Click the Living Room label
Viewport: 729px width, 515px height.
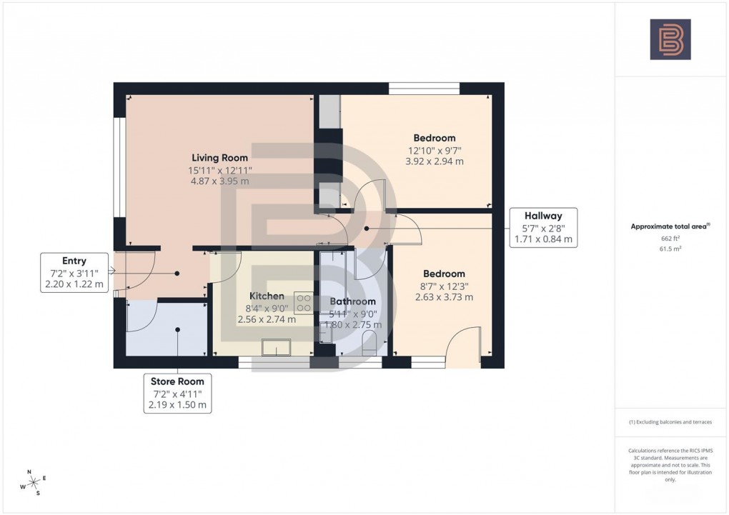click(219, 158)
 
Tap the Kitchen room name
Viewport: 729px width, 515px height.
click(267, 296)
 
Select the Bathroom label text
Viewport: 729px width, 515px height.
click(352, 301)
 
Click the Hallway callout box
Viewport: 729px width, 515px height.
click(543, 227)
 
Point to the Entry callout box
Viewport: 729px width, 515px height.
click(74, 271)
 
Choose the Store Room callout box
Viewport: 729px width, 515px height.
click(177, 393)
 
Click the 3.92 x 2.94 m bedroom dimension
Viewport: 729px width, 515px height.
click(434, 161)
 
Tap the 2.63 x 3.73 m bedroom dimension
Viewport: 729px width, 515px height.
click(444, 297)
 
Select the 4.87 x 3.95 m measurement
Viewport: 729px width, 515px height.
click(219, 181)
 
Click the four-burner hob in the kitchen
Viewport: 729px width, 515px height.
click(303, 303)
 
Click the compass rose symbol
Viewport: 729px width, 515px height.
click(33, 482)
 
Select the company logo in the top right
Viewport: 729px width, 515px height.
click(670, 39)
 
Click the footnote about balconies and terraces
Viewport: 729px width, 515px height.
click(670, 422)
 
